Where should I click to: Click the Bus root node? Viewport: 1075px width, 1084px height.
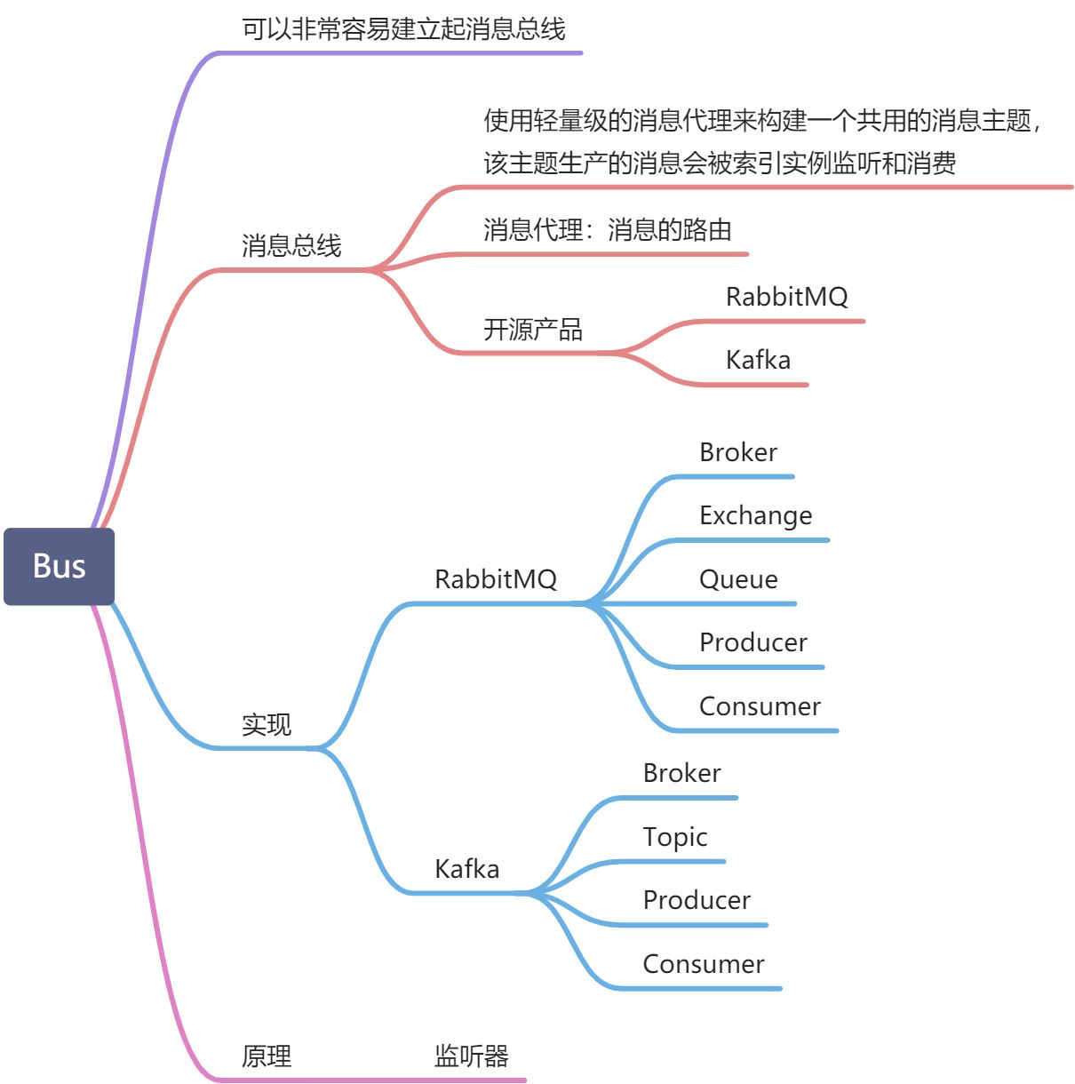[59, 566]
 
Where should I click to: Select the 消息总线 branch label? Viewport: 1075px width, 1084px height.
[291, 245]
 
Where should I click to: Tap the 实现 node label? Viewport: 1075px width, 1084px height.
[267, 724]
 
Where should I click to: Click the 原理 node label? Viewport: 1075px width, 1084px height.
[267, 1056]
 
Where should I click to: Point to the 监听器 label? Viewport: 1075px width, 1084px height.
[471, 1056]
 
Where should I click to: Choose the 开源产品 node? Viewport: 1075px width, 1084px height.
[533, 330]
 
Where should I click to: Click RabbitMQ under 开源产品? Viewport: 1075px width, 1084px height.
[786, 297]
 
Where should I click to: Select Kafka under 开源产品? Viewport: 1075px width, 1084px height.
[758, 360]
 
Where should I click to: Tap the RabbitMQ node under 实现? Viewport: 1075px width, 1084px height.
[495, 579]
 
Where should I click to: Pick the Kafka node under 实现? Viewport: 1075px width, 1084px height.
[466, 868]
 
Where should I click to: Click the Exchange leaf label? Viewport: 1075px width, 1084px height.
[755, 515]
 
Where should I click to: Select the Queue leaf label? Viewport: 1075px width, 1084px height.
[738, 579]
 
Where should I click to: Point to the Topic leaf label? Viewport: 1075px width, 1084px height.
[675, 837]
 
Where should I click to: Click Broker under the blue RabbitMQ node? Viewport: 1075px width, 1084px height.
[738, 452]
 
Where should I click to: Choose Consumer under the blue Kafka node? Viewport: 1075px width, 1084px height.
[703, 964]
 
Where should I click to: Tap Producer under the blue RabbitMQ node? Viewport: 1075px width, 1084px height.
[752, 642]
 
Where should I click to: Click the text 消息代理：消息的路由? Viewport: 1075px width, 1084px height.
[608, 230]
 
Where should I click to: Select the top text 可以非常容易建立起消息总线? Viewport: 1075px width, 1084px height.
[403, 29]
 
